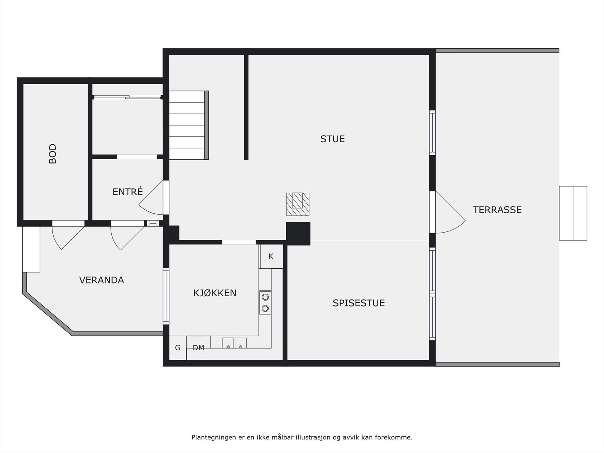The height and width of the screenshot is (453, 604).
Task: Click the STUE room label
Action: pyautogui.click(x=332, y=139)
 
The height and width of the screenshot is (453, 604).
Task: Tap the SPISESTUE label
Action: pyautogui.click(x=358, y=303)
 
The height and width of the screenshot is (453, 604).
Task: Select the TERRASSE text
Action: pyautogui.click(x=497, y=210)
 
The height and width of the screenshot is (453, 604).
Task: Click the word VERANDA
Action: pyautogui.click(x=101, y=280)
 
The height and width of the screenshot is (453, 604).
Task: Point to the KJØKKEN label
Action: pyautogui.click(x=214, y=293)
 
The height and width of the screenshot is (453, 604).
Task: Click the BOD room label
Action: pyautogui.click(x=53, y=153)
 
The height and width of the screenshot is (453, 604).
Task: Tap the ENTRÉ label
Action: pyautogui.click(x=128, y=192)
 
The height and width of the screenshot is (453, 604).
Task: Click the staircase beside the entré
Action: pyautogui.click(x=188, y=125)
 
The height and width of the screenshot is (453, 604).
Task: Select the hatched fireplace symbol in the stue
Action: pyautogui.click(x=297, y=204)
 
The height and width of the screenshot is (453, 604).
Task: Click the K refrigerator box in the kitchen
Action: pyautogui.click(x=271, y=256)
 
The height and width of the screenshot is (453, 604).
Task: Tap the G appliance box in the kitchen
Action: pyautogui.click(x=177, y=348)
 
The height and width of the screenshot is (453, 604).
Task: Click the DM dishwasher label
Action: pyautogui.click(x=198, y=348)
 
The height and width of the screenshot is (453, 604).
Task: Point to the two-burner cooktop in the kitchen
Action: pyautogui.click(x=265, y=303)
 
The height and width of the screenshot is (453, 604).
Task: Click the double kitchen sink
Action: pyautogui.click(x=234, y=343)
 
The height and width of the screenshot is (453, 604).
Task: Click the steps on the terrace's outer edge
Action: pyautogui.click(x=573, y=213)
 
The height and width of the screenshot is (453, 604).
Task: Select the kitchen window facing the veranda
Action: pyautogui.click(x=166, y=296)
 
